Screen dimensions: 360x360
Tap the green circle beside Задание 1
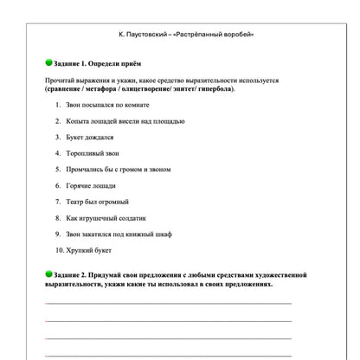coord(48,63)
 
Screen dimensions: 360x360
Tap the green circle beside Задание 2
coord(48,274)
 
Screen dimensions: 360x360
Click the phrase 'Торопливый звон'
coord(92,153)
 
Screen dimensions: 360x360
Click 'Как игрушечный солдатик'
coord(100,218)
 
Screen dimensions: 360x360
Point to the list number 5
coord(57,170)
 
